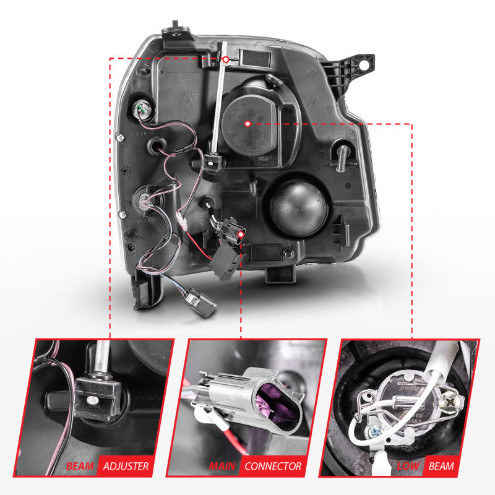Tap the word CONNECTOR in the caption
(x=272, y=466)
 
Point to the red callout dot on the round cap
(x=247, y=124)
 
